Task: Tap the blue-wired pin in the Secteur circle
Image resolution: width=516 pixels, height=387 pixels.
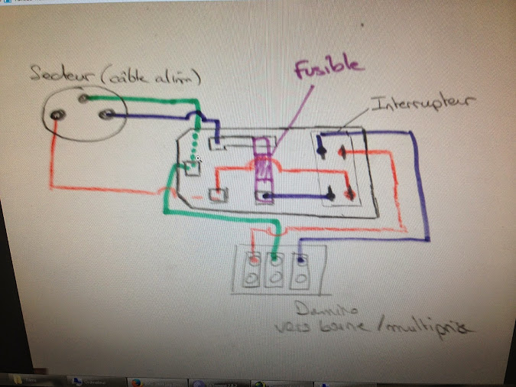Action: point(109,115)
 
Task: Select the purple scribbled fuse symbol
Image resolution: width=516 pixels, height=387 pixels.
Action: point(262,165)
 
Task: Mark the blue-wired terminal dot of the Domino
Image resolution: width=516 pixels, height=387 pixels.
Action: point(301,259)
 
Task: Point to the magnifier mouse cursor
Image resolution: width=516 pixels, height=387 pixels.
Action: point(197,159)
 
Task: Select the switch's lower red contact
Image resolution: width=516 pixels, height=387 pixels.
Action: point(349,193)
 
